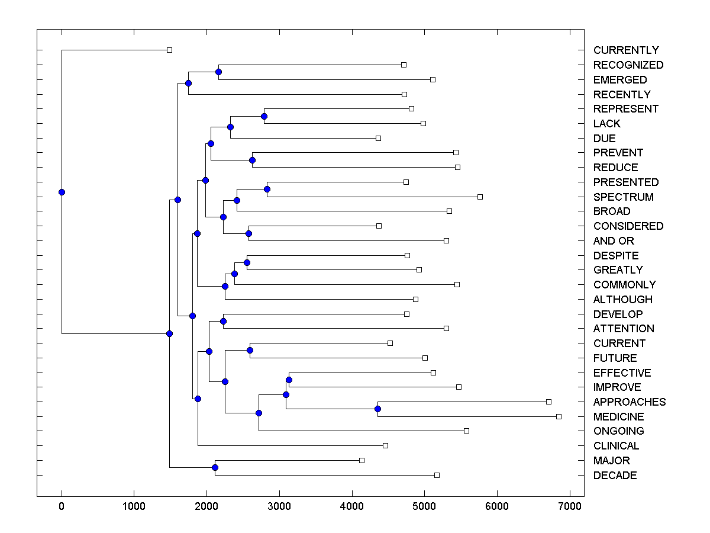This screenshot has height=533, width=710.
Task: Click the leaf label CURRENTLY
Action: pyautogui.click(x=626, y=50)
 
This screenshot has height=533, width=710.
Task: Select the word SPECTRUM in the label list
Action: pyautogui.click(x=623, y=197)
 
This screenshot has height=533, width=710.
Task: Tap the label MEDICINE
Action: pyautogui.click(x=618, y=416)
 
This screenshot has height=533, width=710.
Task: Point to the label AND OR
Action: pyautogui.click(x=614, y=240)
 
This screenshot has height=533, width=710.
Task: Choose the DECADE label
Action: pyautogui.click(x=615, y=475)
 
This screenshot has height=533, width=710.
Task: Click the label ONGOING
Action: pyautogui.click(x=618, y=431)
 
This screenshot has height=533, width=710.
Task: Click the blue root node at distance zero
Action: pyautogui.click(x=62, y=192)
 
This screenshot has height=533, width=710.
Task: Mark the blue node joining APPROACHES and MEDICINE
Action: pyautogui.click(x=377, y=409)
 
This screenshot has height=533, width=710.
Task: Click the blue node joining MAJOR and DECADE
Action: pyautogui.click(x=215, y=468)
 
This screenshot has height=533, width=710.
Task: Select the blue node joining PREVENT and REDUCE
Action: pyautogui.click(x=252, y=160)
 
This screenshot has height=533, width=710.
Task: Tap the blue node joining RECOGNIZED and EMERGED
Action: pyautogui.click(x=218, y=72)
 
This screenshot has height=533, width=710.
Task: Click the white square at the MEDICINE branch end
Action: pyautogui.click(x=559, y=416)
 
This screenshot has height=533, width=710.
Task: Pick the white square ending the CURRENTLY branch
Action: pyautogui.click(x=169, y=50)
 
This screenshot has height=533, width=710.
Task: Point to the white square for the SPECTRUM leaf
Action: pyautogui.click(x=480, y=197)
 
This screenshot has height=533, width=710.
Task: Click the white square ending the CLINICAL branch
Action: pyautogui.click(x=385, y=445)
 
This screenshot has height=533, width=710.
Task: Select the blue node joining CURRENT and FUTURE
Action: pyautogui.click(x=250, y=350)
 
